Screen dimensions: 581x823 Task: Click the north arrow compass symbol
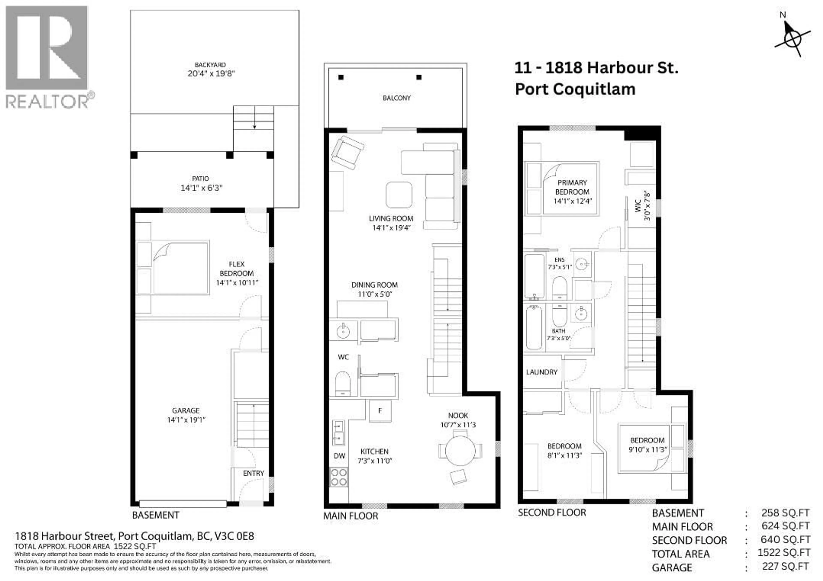pos(792,39)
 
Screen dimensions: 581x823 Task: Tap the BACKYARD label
pos(210,65)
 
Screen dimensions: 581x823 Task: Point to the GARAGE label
pos(186,411)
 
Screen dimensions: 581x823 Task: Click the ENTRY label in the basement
pos(253,473)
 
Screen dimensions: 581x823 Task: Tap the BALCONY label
pos(396,98)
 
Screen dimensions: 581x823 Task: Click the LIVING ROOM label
pos(391,218)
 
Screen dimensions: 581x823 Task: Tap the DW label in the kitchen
pos(339,456)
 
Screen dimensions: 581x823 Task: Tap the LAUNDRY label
pos(542,372)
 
